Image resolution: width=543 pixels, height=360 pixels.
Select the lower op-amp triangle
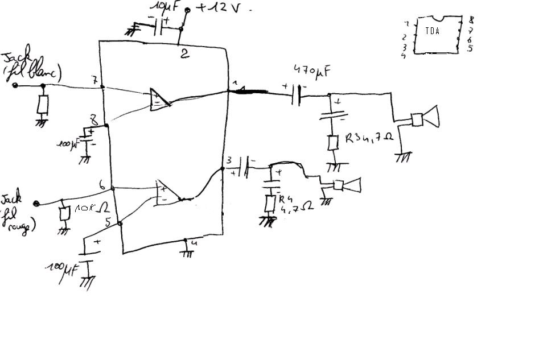[x=165, y=192]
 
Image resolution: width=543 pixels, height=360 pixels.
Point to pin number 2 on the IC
[x=184, y=55]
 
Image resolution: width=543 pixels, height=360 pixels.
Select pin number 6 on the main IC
[x=101, y=185]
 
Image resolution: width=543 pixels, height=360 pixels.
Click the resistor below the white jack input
[x=43, y=104]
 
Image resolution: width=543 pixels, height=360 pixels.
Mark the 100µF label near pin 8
[x=67, y=143]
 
